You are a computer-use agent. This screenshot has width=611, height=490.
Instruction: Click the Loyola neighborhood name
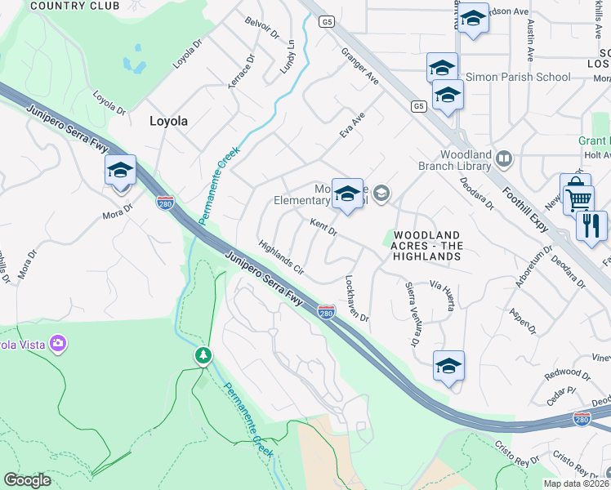coord(168,121)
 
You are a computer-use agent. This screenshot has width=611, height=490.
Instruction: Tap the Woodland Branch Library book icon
coord(505,158)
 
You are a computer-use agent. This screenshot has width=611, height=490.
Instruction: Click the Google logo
coord(28,479)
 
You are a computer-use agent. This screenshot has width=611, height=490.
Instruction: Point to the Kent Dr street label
coord(323,226)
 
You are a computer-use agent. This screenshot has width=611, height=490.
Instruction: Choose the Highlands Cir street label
coord(281,256)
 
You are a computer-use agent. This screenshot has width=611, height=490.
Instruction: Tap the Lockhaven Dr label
coord(357,297)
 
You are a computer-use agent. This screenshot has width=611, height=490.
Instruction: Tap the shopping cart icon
coord(578,198)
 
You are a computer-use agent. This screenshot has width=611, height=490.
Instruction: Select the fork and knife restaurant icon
coord(591,225)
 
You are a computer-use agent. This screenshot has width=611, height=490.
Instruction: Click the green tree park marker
coord(203,355)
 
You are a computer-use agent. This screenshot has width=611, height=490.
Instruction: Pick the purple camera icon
coord(57,342)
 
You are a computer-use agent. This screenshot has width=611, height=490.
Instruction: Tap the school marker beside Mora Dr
coord(120,171)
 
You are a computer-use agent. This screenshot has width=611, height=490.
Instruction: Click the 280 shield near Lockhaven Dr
coord(326,312)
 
